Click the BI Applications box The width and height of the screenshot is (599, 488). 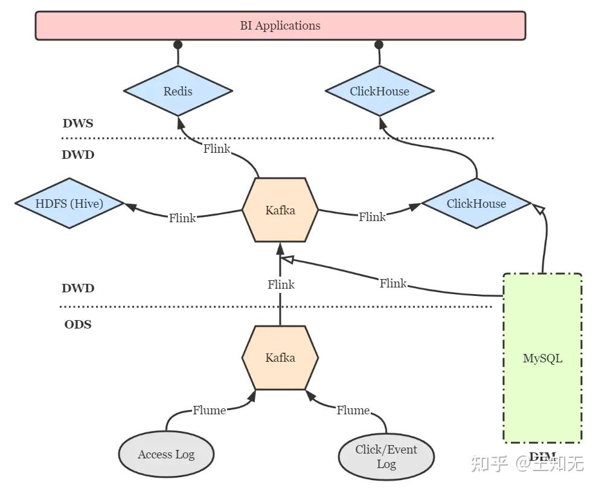point(280,26)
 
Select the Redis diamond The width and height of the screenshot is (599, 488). point(178,92)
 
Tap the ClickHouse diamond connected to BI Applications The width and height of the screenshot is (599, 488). point(379,92)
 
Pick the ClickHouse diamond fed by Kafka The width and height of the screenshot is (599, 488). point(476,204)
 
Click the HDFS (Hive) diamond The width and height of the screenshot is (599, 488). point(69,204)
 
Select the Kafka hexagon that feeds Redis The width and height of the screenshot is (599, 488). point(280,210)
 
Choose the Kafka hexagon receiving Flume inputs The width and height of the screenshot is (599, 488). point(280,358)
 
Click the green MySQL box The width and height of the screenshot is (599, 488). point(542,358)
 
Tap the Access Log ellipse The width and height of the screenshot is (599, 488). point(166,455)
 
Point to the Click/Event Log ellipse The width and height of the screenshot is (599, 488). point(386,457)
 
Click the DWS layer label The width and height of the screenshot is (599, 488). point(78,124)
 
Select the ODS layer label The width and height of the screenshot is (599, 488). point(78,325)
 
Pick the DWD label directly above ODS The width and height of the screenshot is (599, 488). point(78,289)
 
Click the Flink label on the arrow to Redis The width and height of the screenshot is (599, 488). point(217,149)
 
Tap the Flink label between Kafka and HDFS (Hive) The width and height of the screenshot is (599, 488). point(182,218)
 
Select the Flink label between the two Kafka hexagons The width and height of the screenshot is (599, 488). point(281,284)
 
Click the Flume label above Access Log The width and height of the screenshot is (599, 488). point(210,411)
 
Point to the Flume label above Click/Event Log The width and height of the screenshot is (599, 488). point(353,411)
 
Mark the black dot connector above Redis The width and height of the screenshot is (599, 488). point(178,45)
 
